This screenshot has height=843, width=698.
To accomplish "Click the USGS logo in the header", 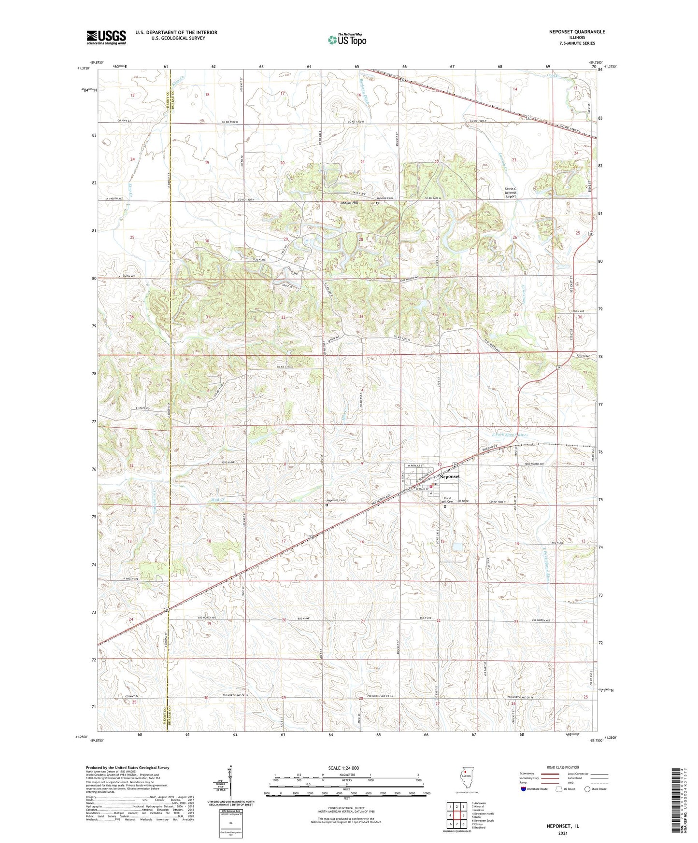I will (106, 37).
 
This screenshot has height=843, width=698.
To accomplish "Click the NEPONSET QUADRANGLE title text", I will (577, 32).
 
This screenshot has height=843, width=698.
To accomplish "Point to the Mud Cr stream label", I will (218, 500).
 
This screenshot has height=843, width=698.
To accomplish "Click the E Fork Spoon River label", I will (510, 435).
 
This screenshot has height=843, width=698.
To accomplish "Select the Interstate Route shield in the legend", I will (524, 789).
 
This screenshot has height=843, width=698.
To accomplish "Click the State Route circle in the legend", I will (587, 789).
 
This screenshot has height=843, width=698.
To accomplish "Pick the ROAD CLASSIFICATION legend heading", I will (562, 767).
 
